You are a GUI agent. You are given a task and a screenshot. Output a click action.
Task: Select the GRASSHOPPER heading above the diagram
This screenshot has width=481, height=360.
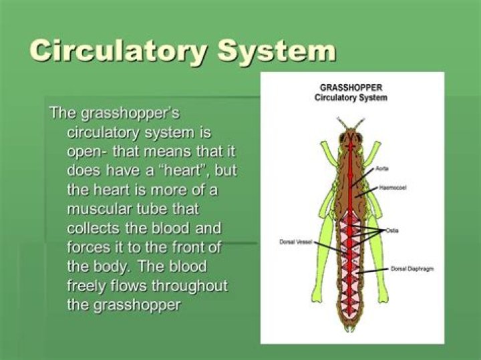[x=351, y=87]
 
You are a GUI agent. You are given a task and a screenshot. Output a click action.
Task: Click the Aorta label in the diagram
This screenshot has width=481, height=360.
[x=382, y=168]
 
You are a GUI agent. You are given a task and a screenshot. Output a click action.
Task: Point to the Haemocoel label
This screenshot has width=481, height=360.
[x=393, y=188]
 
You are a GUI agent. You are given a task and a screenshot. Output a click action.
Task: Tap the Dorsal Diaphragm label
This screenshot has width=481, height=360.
[x=412, y=268]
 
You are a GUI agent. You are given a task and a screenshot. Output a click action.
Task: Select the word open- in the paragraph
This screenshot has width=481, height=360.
[x=86, y=150]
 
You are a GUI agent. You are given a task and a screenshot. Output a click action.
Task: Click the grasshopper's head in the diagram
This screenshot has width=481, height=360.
[x=349, y=138]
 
